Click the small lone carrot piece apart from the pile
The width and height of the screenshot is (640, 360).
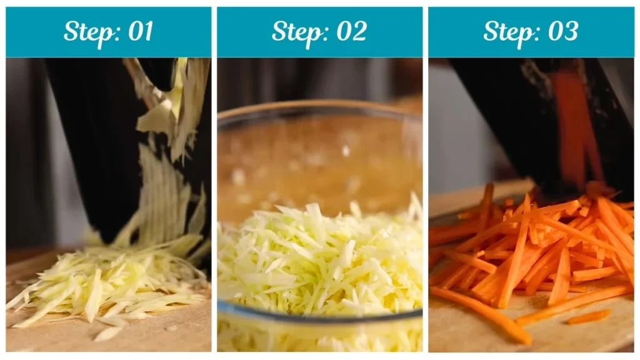[x=587, y=317]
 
